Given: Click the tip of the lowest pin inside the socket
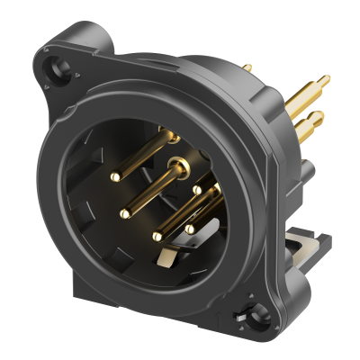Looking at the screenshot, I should tap(157, 236).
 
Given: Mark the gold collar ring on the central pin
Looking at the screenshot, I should tap(180, 164).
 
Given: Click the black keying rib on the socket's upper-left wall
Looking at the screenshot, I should tap(108, 145).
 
